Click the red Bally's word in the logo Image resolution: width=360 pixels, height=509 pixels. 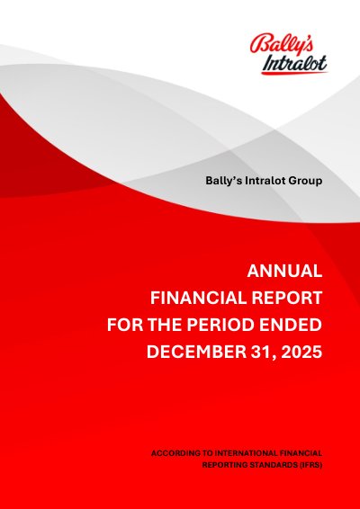click(282, 44)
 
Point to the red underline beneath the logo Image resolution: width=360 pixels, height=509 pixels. click(294, 73)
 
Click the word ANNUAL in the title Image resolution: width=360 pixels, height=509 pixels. click(284, 271)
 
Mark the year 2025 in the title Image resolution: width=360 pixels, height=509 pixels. click(301, 353)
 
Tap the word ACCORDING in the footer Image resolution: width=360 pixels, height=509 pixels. click(171, 453)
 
